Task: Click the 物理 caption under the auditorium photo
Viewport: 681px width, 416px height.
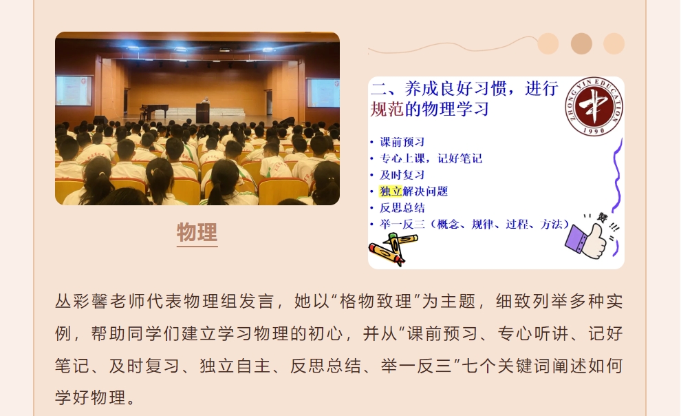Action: pos(197,232)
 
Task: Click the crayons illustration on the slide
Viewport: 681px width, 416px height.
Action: pos(393,249)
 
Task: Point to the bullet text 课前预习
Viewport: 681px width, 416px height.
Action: pos(402,142)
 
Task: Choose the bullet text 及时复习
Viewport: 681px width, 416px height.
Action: pos(402,175)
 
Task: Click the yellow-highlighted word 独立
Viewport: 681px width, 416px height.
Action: pos(391,191)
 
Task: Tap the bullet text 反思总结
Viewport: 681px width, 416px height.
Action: pos(402,208)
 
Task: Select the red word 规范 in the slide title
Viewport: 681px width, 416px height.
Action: pos(387,109)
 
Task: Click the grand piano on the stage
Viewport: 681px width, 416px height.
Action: pos(155,110)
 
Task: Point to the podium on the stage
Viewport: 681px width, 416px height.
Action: pos(203,112)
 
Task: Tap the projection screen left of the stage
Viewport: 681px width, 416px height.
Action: pos(74,91)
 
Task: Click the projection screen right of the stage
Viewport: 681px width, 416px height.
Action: pos(323,92)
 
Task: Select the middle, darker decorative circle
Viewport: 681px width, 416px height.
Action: pos(581,44)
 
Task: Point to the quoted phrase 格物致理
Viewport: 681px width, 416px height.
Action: pos(376,301)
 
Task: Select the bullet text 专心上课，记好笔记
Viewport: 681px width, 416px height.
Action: pos(431,158)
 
